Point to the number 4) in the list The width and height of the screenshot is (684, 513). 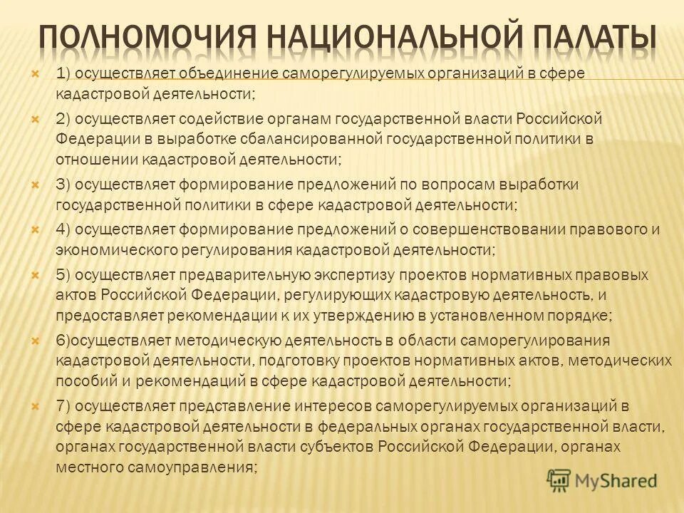(x=63, y=229)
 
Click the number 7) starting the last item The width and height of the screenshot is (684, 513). (x=63, y=407)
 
